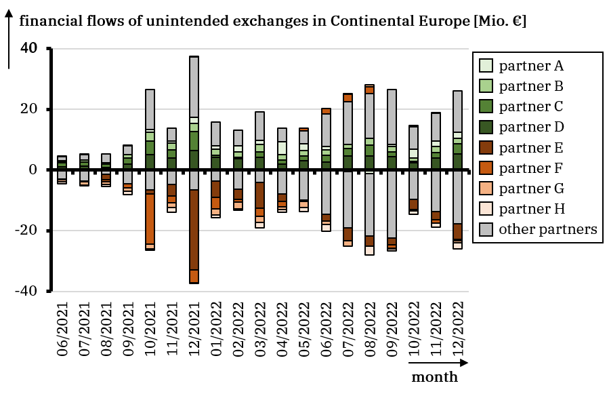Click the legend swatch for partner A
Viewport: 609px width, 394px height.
pos(486,66)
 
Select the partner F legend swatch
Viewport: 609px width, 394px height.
pos(486,168)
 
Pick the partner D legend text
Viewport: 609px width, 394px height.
pos(531,127)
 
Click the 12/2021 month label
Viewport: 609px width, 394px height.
pos(194,331)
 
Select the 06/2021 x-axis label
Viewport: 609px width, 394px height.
pos(62,331)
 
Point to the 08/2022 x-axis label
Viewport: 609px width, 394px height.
pos(370,331)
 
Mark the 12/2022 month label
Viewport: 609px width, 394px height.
pos(458,331)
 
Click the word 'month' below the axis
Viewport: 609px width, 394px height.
pos(434,377)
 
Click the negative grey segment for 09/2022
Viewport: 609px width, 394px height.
pos(392,204)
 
